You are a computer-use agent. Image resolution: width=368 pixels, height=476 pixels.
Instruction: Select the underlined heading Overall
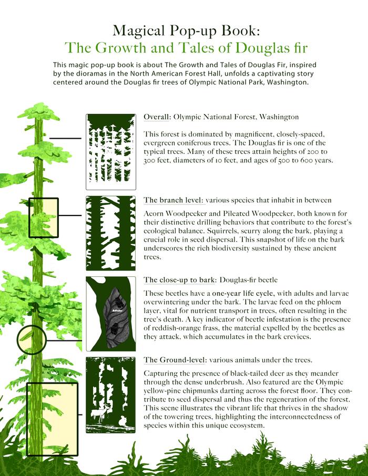(157, 117)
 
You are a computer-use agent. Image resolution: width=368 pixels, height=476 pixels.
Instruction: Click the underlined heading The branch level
(173, 200)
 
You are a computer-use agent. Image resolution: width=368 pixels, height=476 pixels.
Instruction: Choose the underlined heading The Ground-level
(175, 360)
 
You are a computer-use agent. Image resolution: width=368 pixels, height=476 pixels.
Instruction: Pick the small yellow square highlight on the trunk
(43, 217)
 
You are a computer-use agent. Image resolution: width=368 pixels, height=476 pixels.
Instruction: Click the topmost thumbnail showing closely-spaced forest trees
(110, 151)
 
